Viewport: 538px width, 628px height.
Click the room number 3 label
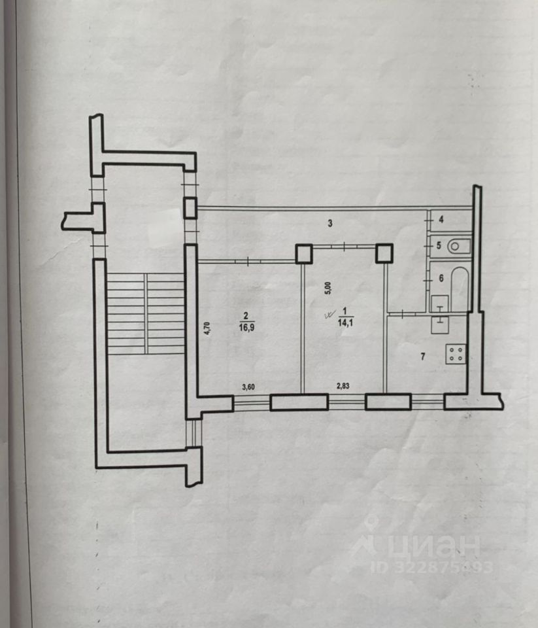click(331, 224)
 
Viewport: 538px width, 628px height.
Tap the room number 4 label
click(441, 220)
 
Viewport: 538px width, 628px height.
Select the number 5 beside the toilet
click(440, 247)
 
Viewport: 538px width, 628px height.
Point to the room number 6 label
click(441, 278)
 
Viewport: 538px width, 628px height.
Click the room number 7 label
click(423, 356)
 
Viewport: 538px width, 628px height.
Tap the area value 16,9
click(243, 327)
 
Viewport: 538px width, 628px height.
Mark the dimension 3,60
click(248, 387)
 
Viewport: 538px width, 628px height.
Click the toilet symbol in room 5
click(460, 247)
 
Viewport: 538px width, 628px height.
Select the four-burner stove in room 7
click(456, 355)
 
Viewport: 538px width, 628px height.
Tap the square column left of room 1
click(304, 253)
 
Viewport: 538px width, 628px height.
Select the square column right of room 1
click(384, 253)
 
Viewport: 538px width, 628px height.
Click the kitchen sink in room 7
click(440, 321)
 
